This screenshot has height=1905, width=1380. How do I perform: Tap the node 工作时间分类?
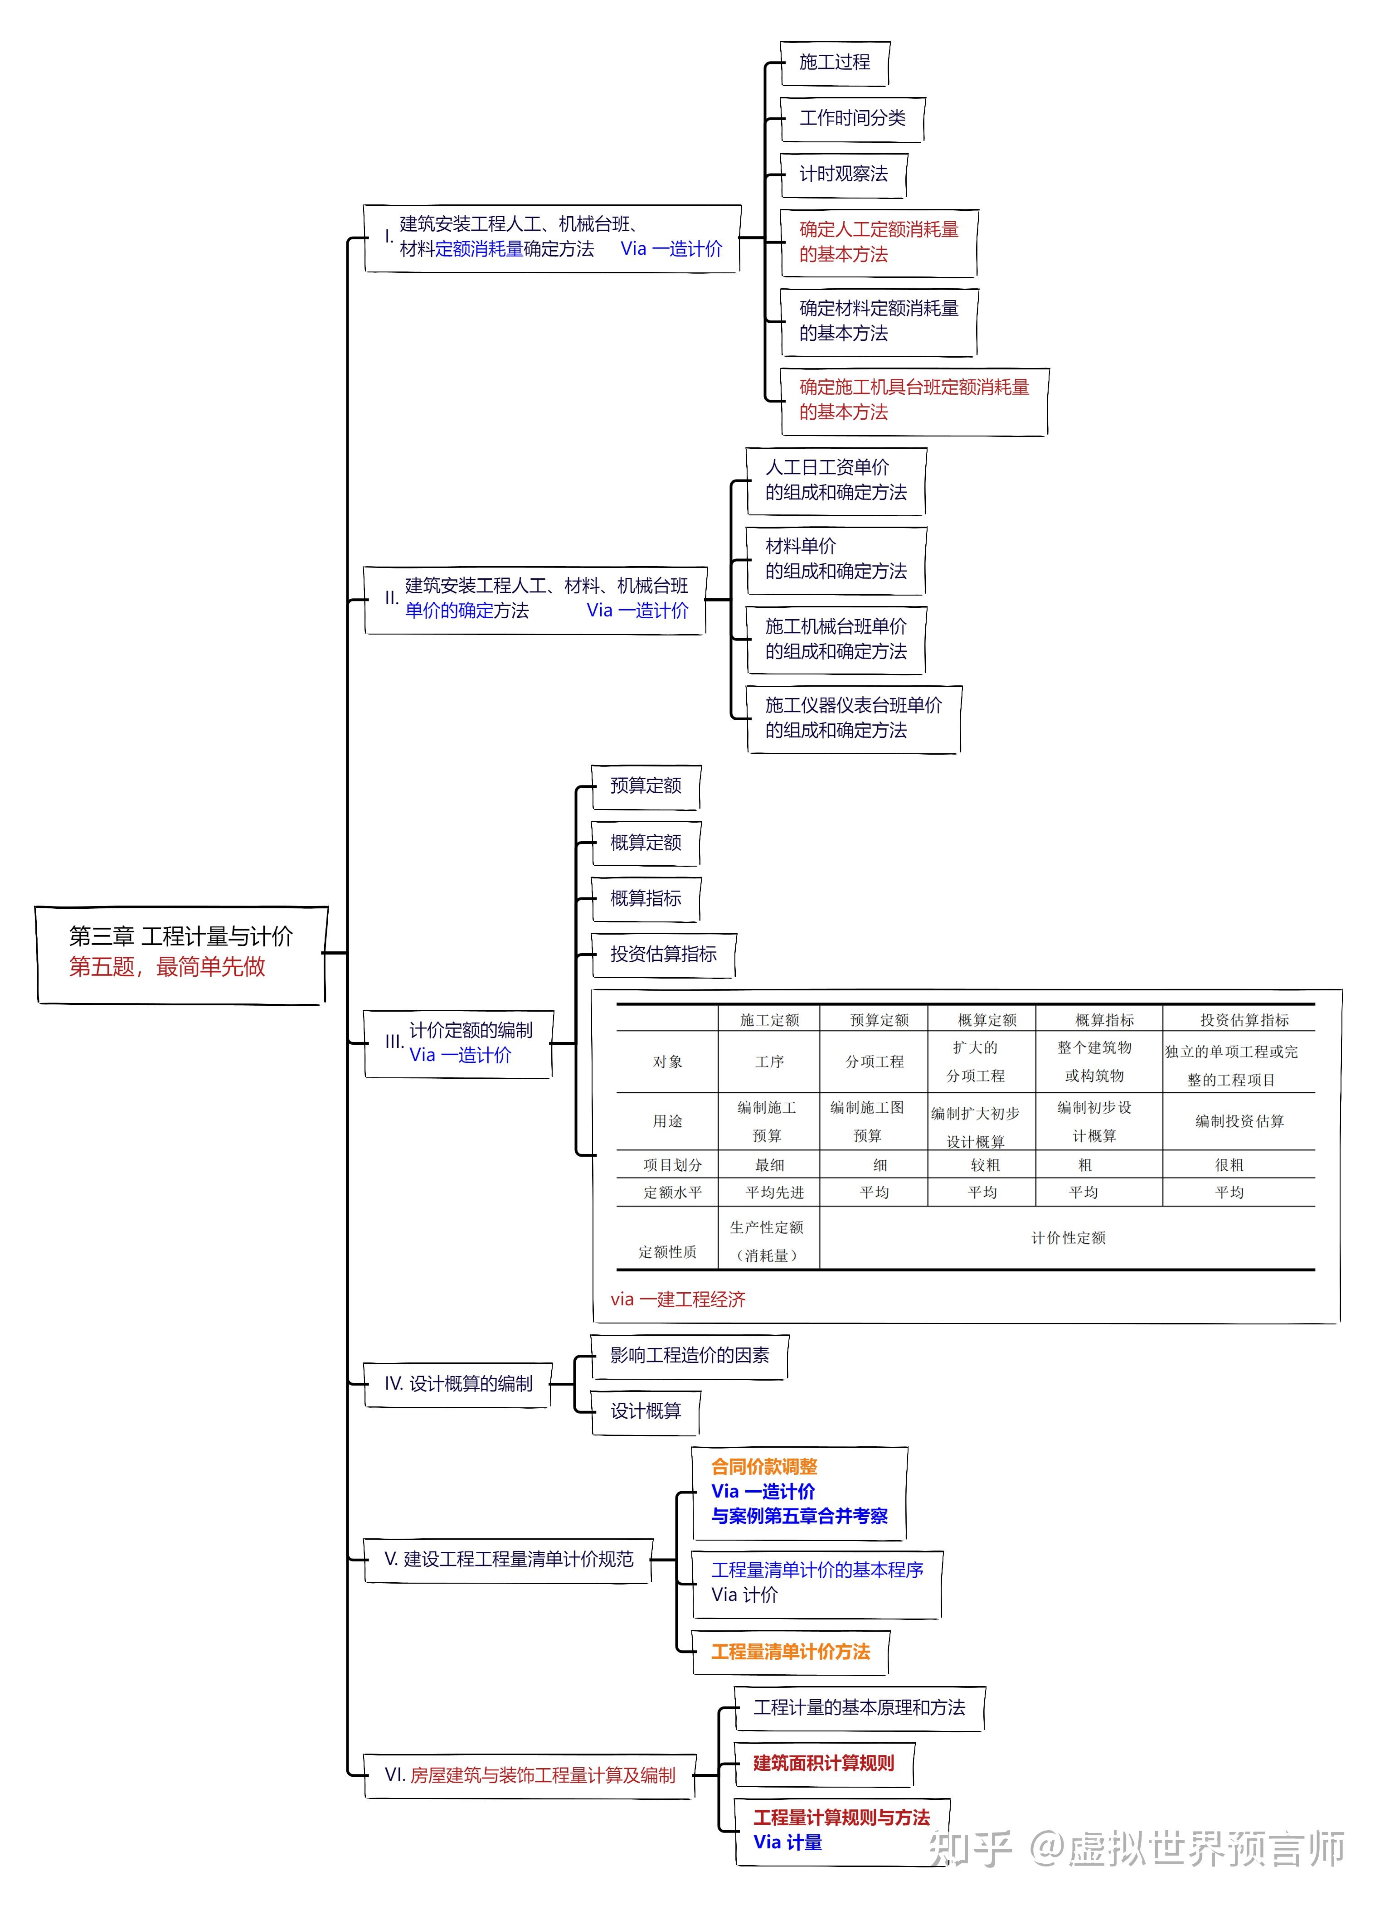click(852, 118)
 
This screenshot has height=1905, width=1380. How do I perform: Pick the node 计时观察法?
click(843, 174)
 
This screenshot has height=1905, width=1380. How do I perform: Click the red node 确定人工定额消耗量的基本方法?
click(879, 242)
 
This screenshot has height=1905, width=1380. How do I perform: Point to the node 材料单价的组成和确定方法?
click(836, 559)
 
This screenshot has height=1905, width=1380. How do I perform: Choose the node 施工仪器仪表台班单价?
click(853, 718)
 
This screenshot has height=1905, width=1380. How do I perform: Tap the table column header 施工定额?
click(769, 1020)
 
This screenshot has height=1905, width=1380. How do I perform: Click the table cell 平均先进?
click(774, 1192)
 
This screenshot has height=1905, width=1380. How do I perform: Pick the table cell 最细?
click(769, 1164)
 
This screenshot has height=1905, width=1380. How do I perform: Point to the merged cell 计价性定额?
click(1068, 1237)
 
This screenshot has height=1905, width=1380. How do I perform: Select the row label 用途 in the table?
click(668, 1120)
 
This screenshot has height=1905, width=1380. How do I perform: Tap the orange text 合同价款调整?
click(764, 1467)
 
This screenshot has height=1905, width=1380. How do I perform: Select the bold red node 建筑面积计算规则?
click(823, 1763)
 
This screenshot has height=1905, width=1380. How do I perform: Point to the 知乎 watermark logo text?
click(970, 1849)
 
